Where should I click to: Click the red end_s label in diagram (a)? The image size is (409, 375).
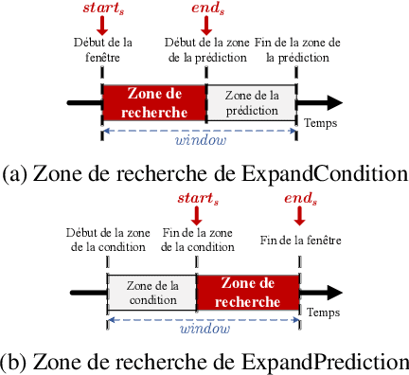205,12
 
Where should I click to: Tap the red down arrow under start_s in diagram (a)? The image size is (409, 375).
101,28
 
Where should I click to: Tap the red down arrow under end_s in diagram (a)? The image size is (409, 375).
205,28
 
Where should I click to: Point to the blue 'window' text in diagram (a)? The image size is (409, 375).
202,141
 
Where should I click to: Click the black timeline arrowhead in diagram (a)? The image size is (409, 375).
331,102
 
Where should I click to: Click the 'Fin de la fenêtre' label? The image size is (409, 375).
298,241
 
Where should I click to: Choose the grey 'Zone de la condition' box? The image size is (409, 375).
151,293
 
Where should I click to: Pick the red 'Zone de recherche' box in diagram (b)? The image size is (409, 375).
248,293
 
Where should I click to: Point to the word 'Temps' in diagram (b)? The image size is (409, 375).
324,312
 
